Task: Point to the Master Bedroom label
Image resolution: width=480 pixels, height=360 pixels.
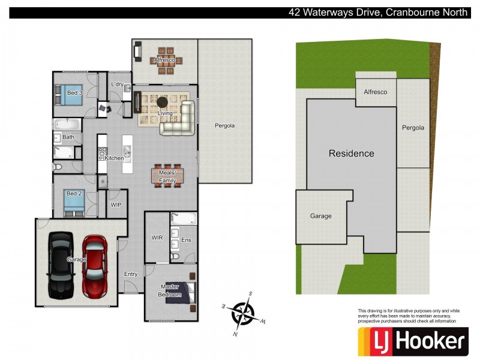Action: click(169, 290)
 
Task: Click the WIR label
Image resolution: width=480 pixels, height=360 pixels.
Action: click(157, 238)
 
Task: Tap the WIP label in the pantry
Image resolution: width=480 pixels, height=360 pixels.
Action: click(116, 205)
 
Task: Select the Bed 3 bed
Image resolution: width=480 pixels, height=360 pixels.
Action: click(70, 94)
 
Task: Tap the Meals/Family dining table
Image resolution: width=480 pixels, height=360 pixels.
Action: click(167, 176)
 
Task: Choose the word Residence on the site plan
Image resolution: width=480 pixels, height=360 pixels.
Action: click(351, 154)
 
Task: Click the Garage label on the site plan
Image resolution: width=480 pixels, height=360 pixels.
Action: click(320, 216)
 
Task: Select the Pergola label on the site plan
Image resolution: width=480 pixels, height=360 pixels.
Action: click(413, 128)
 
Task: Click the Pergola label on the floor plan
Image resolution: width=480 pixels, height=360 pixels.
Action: click(224, 126)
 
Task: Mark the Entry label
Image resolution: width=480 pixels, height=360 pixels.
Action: click(130, 274)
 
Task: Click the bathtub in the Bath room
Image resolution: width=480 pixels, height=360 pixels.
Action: click(66, 124)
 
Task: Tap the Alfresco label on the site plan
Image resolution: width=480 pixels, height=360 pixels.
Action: click(376, 92)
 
